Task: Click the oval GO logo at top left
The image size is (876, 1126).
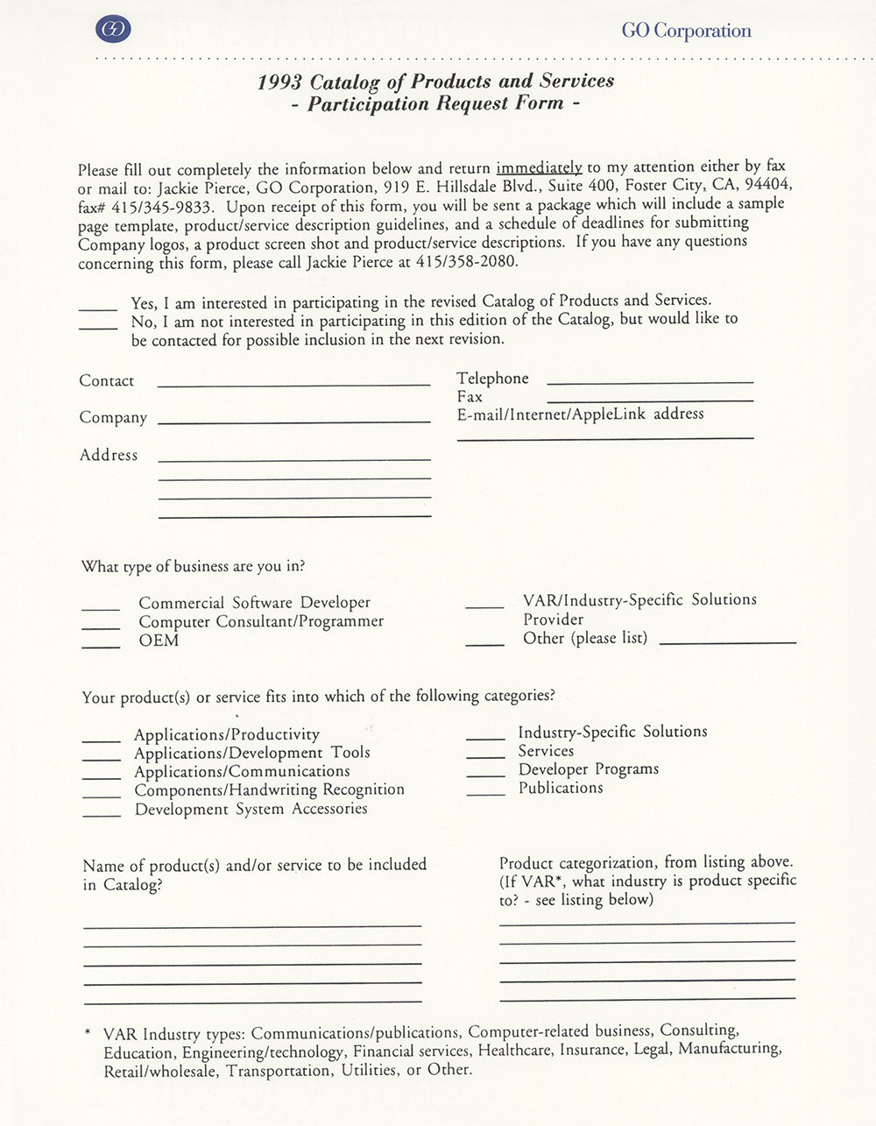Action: [113, 30]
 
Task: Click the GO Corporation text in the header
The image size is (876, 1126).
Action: [686, 31]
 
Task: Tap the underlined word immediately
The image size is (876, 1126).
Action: [539, 167]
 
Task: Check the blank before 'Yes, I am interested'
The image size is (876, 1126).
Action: [98, 308]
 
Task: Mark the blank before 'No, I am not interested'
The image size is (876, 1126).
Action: [98, 326]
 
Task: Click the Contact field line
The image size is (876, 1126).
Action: [294, 384]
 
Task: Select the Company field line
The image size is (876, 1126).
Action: [294, 421]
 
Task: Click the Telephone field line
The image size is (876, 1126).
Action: [649, 382]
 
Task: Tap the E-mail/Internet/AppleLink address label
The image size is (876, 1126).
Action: [580, 414]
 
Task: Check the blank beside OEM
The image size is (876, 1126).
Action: [101, 646]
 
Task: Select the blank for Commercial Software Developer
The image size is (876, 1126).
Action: [101, 608]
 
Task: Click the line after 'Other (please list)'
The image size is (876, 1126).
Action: [727, 642]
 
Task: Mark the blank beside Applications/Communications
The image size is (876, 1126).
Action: [102, 777]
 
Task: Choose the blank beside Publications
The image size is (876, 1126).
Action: [485, 793]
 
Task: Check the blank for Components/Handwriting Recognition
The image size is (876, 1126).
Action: [102, 796]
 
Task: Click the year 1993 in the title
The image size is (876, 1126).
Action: [279, 83]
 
